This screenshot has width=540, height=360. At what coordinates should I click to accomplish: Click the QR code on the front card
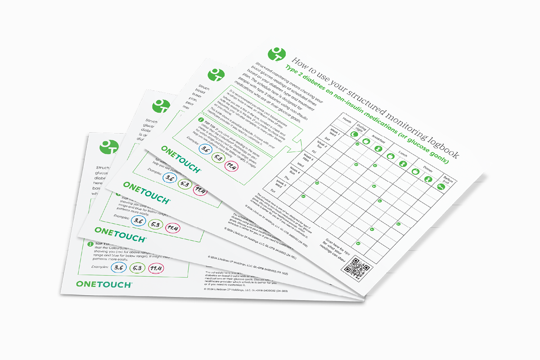tap(355, 269)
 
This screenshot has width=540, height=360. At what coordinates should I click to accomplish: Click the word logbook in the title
tap(439, 145)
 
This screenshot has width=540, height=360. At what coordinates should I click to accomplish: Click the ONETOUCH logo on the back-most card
tap(103, 284)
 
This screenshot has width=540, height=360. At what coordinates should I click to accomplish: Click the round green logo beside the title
tap(276, 55)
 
